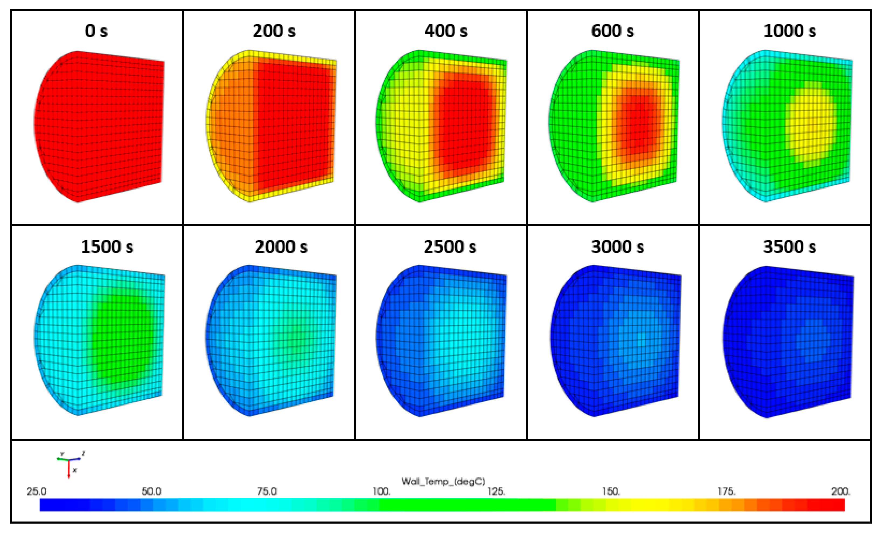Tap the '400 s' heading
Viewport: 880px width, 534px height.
click(446, 31)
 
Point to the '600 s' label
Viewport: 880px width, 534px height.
click(613, 31)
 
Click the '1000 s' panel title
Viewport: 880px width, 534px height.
click(790, 31)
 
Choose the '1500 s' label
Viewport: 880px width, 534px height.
click(107, 247)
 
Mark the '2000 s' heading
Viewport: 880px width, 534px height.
click(281, 247)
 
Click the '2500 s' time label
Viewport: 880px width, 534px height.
click(450, 247)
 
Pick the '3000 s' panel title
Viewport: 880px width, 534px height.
click(617, 247)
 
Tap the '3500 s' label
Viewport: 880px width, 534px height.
click(790, 247)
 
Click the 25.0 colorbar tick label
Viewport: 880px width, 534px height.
click(36, 491)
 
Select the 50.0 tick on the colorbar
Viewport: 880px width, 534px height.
click(151, 491)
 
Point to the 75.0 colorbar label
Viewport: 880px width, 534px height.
click(267, 491)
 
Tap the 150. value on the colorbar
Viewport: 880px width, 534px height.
click(612, 491)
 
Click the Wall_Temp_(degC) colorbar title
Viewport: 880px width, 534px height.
click(443, 481)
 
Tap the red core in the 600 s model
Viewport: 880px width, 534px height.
click(639, 121)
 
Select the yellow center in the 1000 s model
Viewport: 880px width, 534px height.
click(811, 125)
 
